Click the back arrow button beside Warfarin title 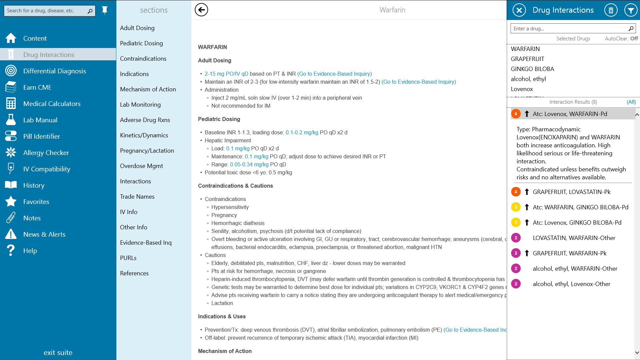pyautogui.click(x=201, y=10)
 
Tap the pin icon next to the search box pyautogui.click(x=105, y=10)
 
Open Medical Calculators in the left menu pyautogui.click(x=52, y=104)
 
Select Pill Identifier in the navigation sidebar pyautogui.click(x=41, y=136)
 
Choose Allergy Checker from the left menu pyautogui.click(x=46, y=153)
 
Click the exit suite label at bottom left pyautogui.click(x=58, y=352)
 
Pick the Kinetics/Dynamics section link pyautogui.click(x=144, y=135)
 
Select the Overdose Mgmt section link pyautogui.click(x=141, y=166)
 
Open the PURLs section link pyautogui.click(x=128, y=258)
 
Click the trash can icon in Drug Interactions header pyautogui.click(x=611, y=10)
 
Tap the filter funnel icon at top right pyautogui.click(x=630, y=10)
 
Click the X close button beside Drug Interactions pyautogui.click(x=519, y=10)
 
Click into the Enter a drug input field pyautogui.click(x=568, y=29)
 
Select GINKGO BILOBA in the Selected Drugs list pyautogui.click(x=532, y=69)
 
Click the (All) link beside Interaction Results pyautogui.click(x=631, y=102)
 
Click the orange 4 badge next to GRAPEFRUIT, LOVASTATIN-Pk pyautogui.click(x=516, y=192)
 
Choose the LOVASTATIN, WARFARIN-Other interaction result pyautogui.click(x=574, y=238)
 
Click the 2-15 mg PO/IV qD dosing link pyautogui.click(x=226, y=74)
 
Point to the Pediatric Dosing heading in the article pyautogui.click(x=219, y=119)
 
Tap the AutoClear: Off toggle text pyautogui.click(x=621, y=39)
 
